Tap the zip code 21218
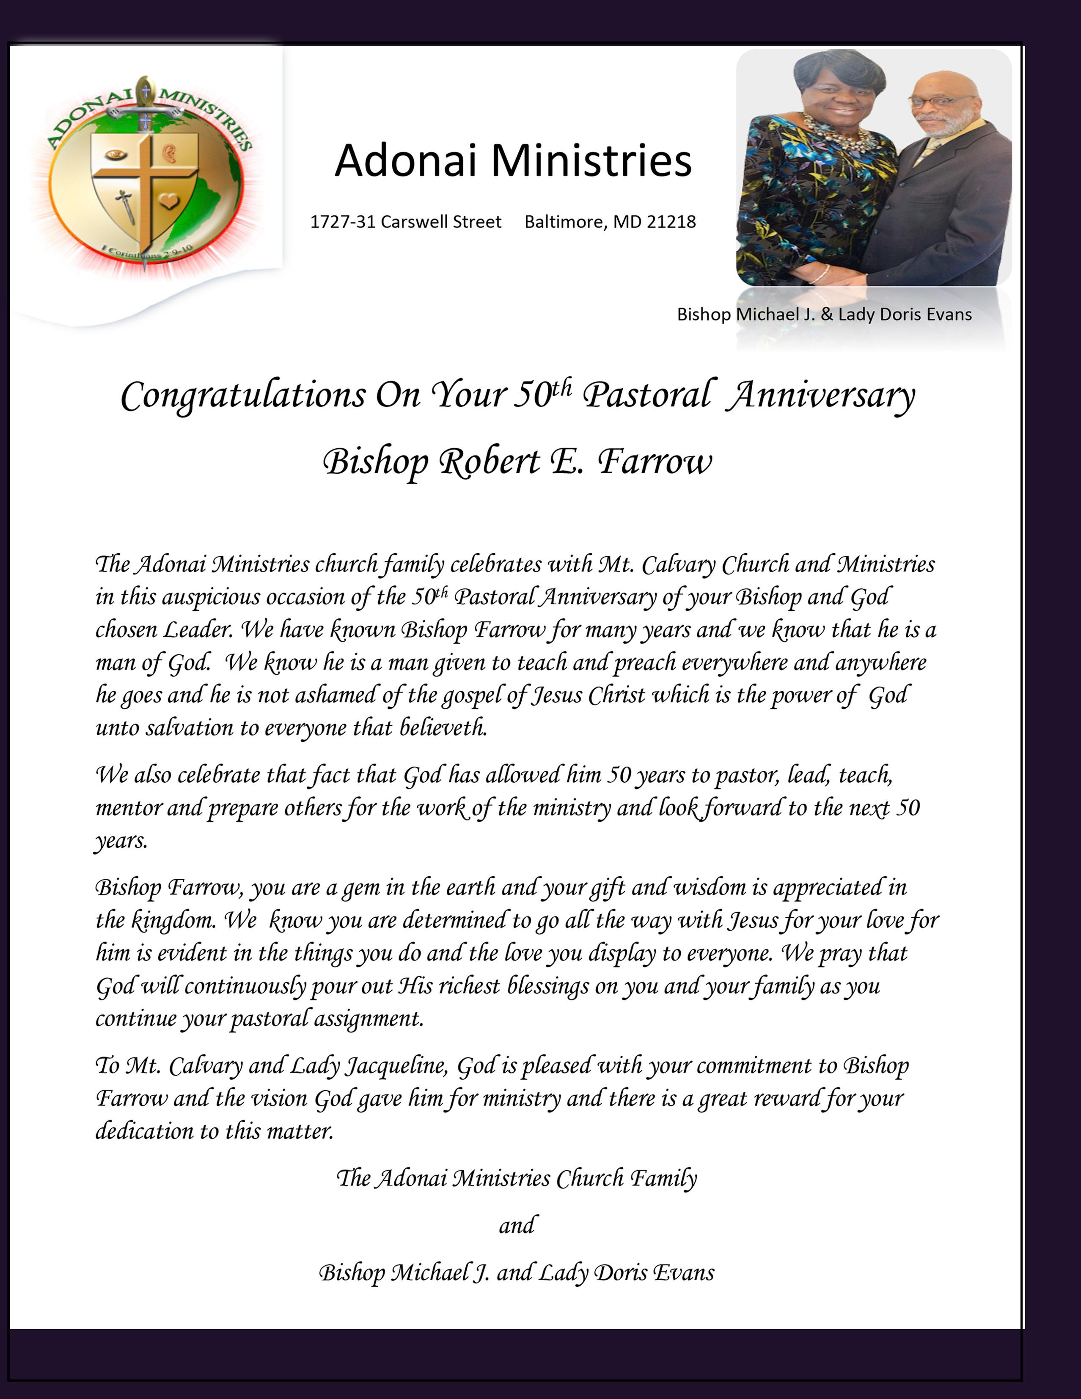pyautogui.click(x=671, y=222)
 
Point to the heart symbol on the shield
pyautogui.click(x=168, y=201)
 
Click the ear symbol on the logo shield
pyautogui.click(x=170, y=154)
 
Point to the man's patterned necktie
pyautogui.click(x=926, y=152)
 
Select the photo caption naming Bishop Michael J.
pyautogui.click(x=824, y=315)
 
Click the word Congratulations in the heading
pyautogui.click(x=243, y=395)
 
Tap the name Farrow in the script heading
pyautogui.click(x=655, y=462)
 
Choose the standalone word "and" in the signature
pyautogui.click(x=516, y=1225)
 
